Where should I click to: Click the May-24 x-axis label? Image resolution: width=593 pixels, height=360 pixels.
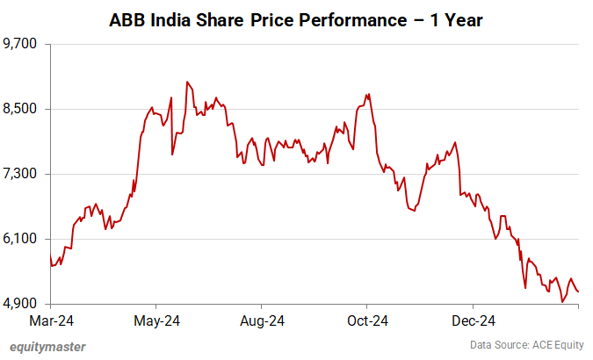pos(158,320)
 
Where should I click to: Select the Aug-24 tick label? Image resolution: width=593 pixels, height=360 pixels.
pos(263,320)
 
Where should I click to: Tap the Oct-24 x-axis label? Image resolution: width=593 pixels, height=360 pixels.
pos(367,320)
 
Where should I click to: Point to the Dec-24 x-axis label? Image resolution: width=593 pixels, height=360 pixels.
pos(471,320)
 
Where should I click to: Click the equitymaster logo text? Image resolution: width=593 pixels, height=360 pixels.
pos(47,346)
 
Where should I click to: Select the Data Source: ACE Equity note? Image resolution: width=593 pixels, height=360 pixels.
pos(527,346)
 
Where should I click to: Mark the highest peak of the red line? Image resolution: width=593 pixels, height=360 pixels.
pos(187,82)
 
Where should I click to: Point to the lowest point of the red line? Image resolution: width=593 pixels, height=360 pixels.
pos(562,302)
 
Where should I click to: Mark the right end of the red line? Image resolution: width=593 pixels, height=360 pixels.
pos(579,292)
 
